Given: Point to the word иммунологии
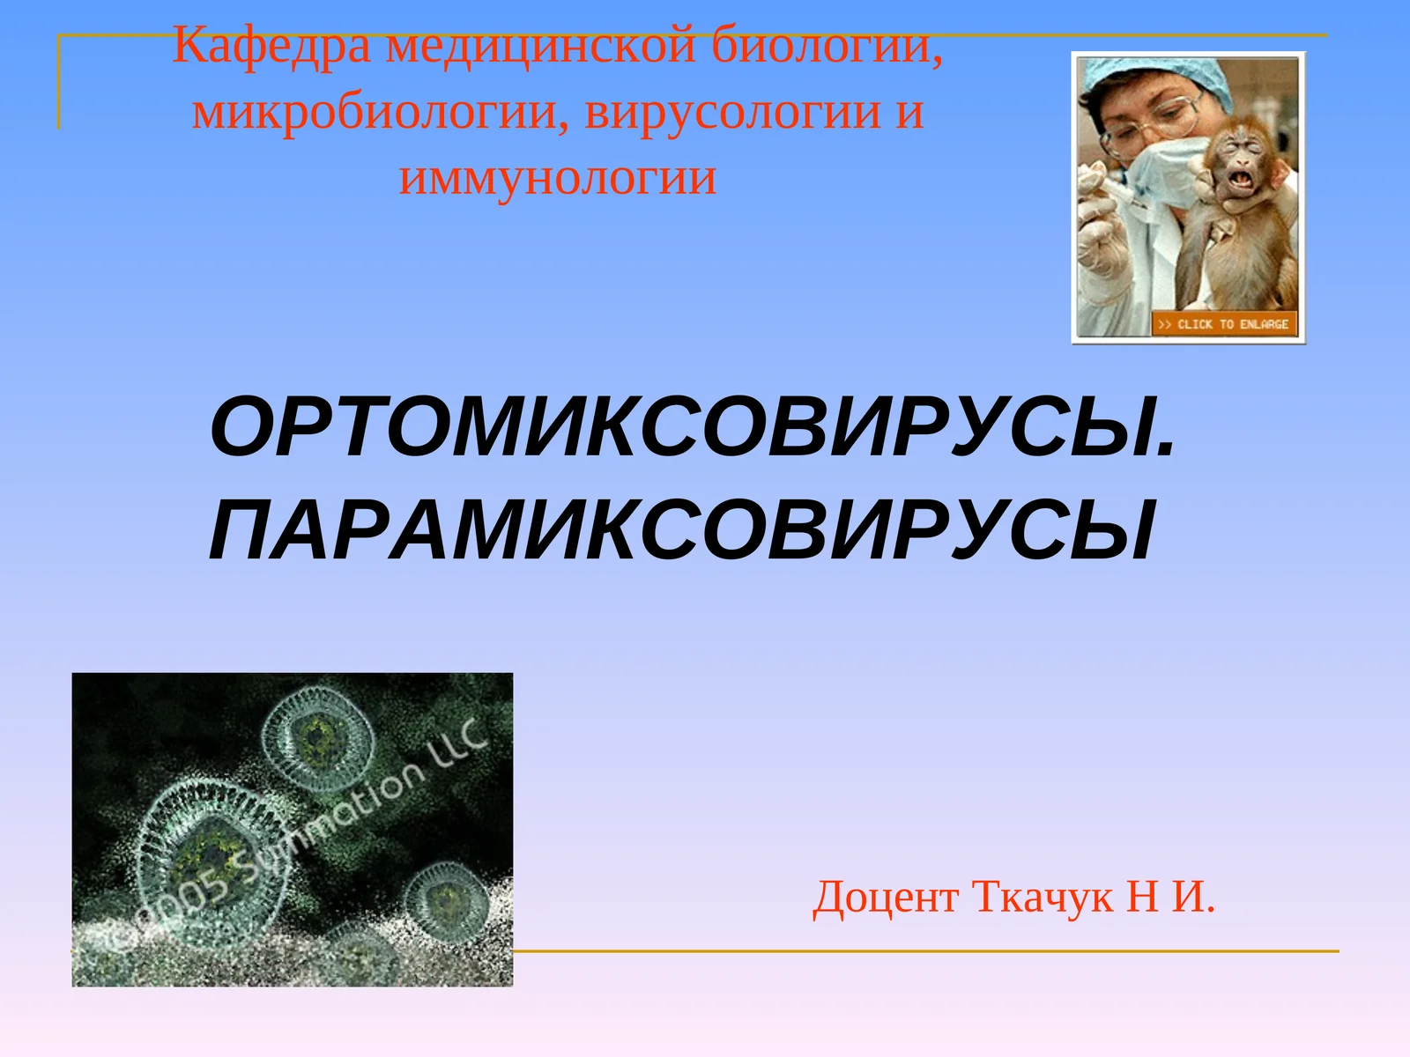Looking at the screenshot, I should click(558, 178).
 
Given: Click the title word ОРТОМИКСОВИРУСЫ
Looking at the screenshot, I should click(693, 428).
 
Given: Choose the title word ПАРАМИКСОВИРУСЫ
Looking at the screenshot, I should click(681, 531).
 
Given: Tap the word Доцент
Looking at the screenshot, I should click(885, 898).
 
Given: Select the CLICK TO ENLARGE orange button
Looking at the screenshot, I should click(1224, 324).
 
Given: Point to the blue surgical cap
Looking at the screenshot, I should click(1163, 78).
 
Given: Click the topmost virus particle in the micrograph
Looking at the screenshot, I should click(317, 738).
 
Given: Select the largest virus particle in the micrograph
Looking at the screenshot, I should click(211, 853).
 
